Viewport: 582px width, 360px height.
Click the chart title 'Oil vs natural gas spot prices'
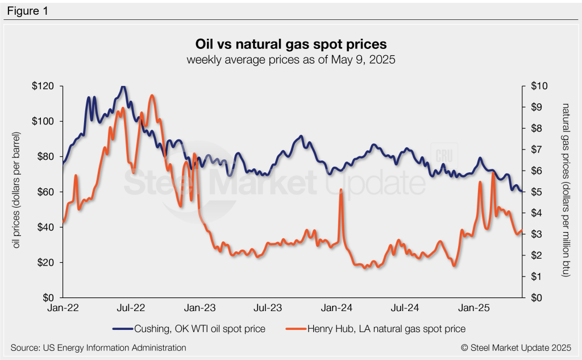pos(291,44)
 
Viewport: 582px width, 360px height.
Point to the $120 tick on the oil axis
pos(45,86)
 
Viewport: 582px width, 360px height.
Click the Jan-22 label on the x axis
pos(63,308)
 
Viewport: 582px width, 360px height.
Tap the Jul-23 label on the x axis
pos(268,308)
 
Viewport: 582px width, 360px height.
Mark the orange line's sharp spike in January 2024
pos(340,190)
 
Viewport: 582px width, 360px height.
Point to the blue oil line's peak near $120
pos(123,87)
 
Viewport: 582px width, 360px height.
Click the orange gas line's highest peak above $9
pos(152,96)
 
